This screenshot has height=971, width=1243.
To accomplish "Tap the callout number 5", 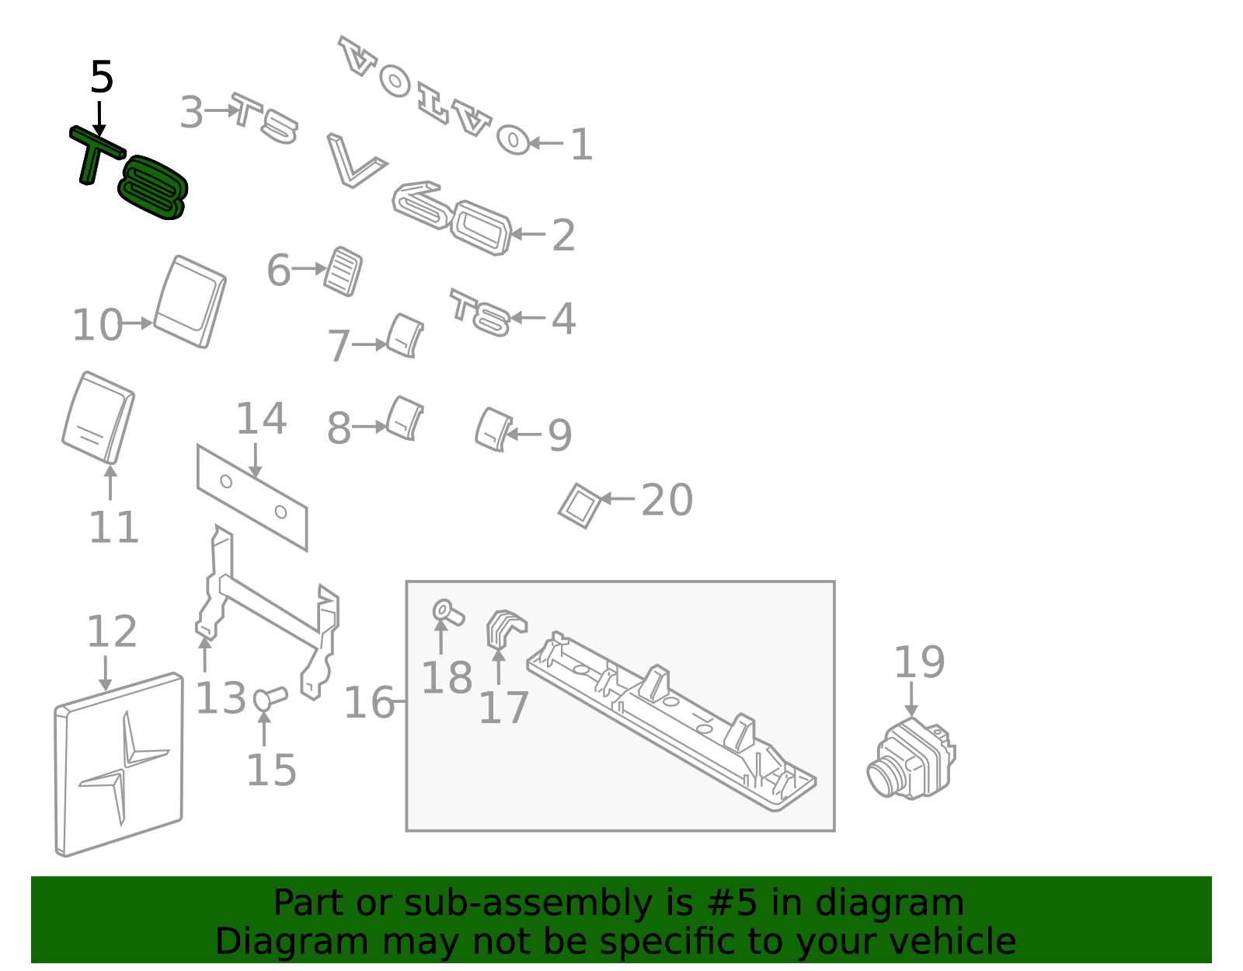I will click(x=102, y=78).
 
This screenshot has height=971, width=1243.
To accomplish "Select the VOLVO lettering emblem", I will click(x=432, y=96).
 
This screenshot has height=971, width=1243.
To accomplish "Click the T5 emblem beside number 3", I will click(x=264, y=119).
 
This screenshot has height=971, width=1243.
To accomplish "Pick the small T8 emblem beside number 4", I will click(x=479, y=313).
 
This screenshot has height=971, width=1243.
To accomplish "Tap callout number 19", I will click(x=919, y=662).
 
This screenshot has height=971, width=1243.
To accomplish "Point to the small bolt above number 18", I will click(x=447, y=613).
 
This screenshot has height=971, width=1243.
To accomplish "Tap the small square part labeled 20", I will click(x=580, y=505).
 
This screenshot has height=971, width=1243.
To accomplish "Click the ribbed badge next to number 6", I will click(x=343, y=271).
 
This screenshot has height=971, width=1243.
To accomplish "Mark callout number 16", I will click(x=369, y=703).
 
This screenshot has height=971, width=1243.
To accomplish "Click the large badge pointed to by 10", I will click(x=190, y=302).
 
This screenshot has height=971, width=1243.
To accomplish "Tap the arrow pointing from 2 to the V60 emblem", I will click(x=527, y=233).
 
